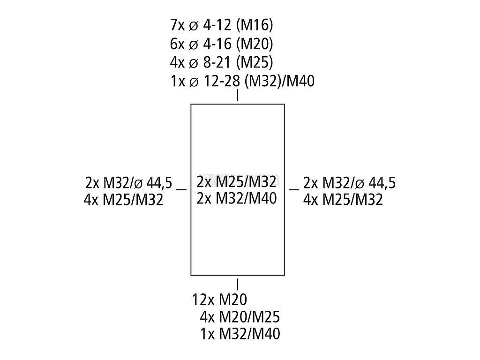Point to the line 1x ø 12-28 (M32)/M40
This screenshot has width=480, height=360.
[x=243, y=81]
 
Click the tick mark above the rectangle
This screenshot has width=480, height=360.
[x=238, y=95]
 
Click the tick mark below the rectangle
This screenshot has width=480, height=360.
[x=238, y=284]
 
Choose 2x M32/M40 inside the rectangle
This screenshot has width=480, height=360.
[x=237, y=199]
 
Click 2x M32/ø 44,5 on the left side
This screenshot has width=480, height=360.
[x=129, y=182]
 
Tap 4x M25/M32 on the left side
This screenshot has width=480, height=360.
[x=124, y=200]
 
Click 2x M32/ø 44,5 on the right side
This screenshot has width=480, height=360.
[x=349, y=182]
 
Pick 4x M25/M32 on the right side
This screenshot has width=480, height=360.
[x=343, y=200]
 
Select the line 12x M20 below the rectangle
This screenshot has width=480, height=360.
[x=220, y=300]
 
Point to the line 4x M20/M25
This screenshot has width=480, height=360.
[x=240, y=317]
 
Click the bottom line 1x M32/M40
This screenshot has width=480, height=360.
[x=240, y=334]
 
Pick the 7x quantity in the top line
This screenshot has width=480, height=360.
[x=179, y=24]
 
